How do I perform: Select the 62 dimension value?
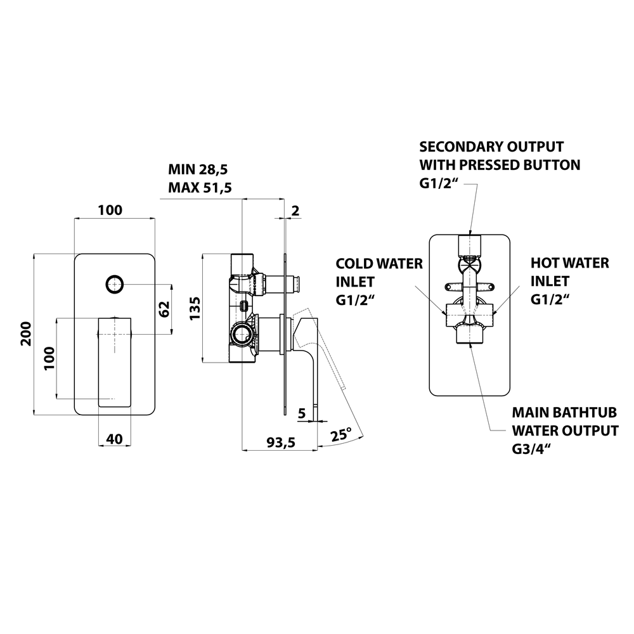pyautogui.click(x=164, y=309)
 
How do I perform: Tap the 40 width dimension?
pyautogui.click(x=115, y=438)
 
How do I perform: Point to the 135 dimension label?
pyautogui.click(x=195, y=308)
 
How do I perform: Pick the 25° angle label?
pyautogui.click(x=340, y=435)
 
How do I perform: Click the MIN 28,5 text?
pyautogui.click(x=198, y=169)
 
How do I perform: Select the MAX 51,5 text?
pyautogui.click(x=199, y=188)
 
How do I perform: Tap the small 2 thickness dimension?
pyautogui.click(x=294, y=210)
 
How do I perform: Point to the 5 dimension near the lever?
pyautogui.click(x=302, y=413)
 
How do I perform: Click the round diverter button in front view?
pyautogui.click(x=115, y=285)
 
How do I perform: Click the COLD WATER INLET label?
pyautogui.click(x=379, y=280)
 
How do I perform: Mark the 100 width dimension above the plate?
pyautogui.click(x=112, y=210)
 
